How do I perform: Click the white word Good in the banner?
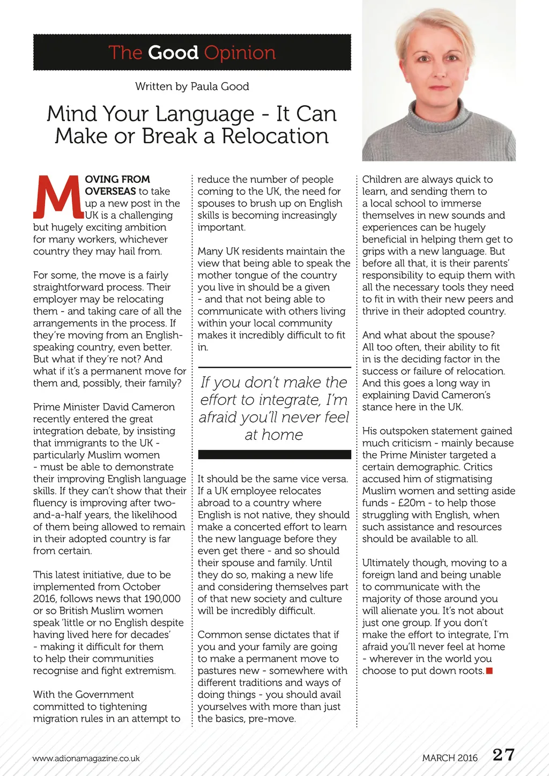173,53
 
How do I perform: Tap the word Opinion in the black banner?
240,53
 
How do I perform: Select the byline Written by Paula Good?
192,86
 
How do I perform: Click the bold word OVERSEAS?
110,191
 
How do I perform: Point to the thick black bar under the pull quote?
274,454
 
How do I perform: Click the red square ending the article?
489,671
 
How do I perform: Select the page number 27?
503,755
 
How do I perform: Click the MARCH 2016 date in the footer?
449,758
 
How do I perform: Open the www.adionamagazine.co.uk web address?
86,758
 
